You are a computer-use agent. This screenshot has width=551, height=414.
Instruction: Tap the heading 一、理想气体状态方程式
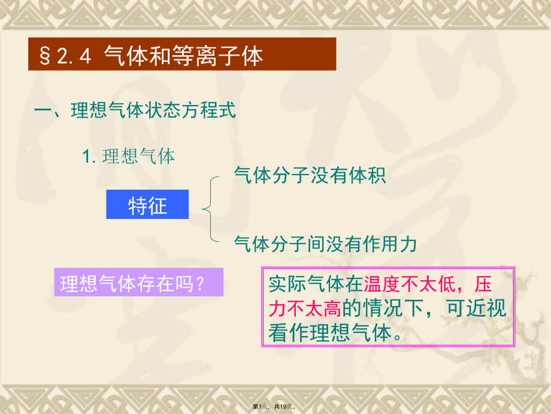[135, 111]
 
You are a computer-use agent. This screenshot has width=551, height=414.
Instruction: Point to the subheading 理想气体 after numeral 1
[138, 157]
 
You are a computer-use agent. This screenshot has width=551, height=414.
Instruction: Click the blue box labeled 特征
[147, 205]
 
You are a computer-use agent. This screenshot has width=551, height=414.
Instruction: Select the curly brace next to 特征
[210, 209]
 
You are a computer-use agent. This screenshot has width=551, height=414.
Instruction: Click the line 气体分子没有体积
[310, 175]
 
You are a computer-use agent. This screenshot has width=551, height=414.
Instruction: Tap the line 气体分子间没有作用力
[325, 244]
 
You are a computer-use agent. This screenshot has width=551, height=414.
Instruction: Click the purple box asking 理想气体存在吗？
[138, 283]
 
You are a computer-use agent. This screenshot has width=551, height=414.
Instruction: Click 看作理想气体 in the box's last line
[329, 333]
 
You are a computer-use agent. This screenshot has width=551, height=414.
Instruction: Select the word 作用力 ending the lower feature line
[392, 244]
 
